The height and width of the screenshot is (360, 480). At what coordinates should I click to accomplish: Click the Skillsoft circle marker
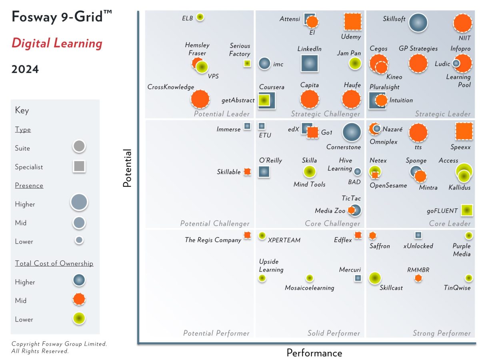(418, 23)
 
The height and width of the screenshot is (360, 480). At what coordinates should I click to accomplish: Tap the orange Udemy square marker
(353, 22)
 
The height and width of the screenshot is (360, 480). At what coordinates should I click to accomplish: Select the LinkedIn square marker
(310, 63)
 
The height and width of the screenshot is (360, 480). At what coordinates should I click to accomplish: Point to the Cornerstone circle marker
(352, 132)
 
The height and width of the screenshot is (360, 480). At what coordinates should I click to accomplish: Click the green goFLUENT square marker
(466, 210)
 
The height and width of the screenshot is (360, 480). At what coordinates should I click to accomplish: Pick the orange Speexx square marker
(464, 132)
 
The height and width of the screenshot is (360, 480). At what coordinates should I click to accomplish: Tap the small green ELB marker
(200, 17)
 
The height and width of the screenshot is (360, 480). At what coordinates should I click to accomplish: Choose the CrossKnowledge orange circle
(200, 99)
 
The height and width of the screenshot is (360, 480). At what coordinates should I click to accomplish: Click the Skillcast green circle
(374, 278)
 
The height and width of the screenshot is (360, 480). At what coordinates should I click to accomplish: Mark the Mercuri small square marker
(358, 278)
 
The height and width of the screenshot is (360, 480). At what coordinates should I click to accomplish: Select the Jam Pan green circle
(355, 63)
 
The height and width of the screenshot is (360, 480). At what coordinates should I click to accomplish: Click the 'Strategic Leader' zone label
(442, 114)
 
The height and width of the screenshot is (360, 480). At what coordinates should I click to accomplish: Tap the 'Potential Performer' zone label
(216, 333)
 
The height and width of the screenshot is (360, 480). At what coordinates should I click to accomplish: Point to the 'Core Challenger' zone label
(332, 224)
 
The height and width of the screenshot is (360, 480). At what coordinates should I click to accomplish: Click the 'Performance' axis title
(314, 353)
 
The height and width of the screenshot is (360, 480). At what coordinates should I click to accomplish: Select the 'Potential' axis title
(127, 168)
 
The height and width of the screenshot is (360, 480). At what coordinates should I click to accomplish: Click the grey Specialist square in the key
(79, 166)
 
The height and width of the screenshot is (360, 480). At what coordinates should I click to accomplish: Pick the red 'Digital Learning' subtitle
(57, 43)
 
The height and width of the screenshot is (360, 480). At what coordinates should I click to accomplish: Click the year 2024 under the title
(25, 69)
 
